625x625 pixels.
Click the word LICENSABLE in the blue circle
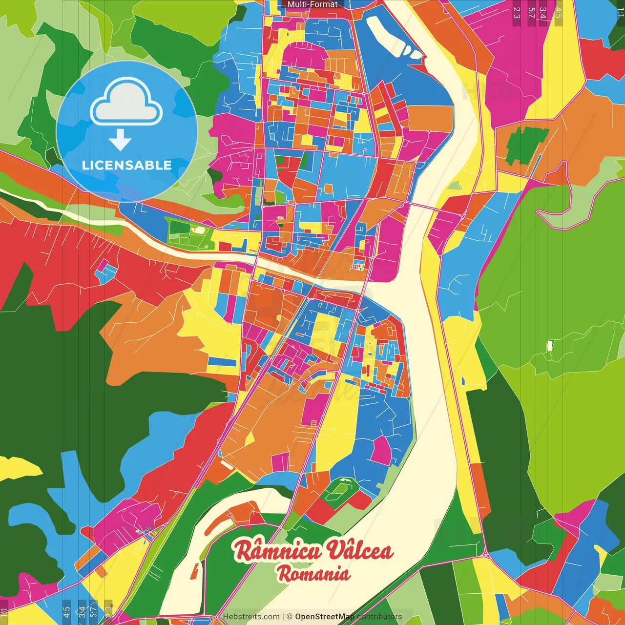coord(126,165)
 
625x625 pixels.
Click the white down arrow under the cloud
coord(120,140)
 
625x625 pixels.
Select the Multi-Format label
coord(312,4)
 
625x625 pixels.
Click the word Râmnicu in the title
coord(277,551)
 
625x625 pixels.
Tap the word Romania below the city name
coord(314,574)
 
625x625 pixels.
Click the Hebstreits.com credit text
coord(251,617)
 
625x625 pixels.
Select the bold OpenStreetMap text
coord(325,617)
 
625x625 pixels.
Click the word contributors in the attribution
coord(379,617)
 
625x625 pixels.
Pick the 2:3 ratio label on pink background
coord(517,13)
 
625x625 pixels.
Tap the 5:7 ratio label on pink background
coord(531,13)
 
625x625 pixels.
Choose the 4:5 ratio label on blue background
coord(66,612)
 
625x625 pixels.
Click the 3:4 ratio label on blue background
coord(82,612)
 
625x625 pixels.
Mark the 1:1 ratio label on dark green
coord(620,13)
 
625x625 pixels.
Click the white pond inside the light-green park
coord(199,229)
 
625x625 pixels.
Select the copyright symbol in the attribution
coord(290,617)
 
